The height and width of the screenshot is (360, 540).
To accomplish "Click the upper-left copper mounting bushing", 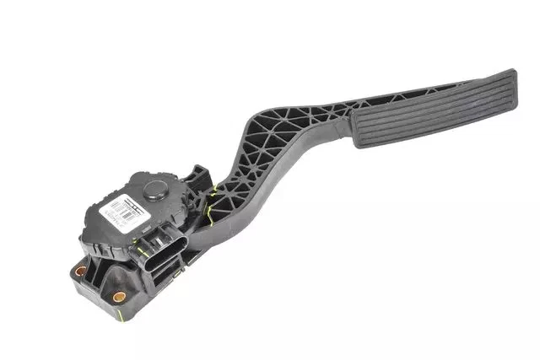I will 81,272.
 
